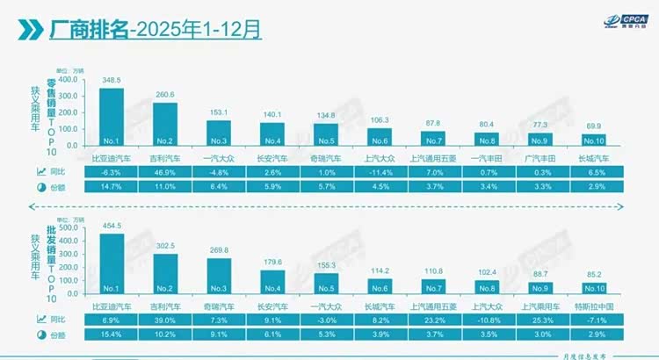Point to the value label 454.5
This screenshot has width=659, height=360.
pos(111,225)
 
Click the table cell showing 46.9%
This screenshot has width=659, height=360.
pos(165,171)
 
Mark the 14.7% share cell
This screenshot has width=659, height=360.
pos(111,186)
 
